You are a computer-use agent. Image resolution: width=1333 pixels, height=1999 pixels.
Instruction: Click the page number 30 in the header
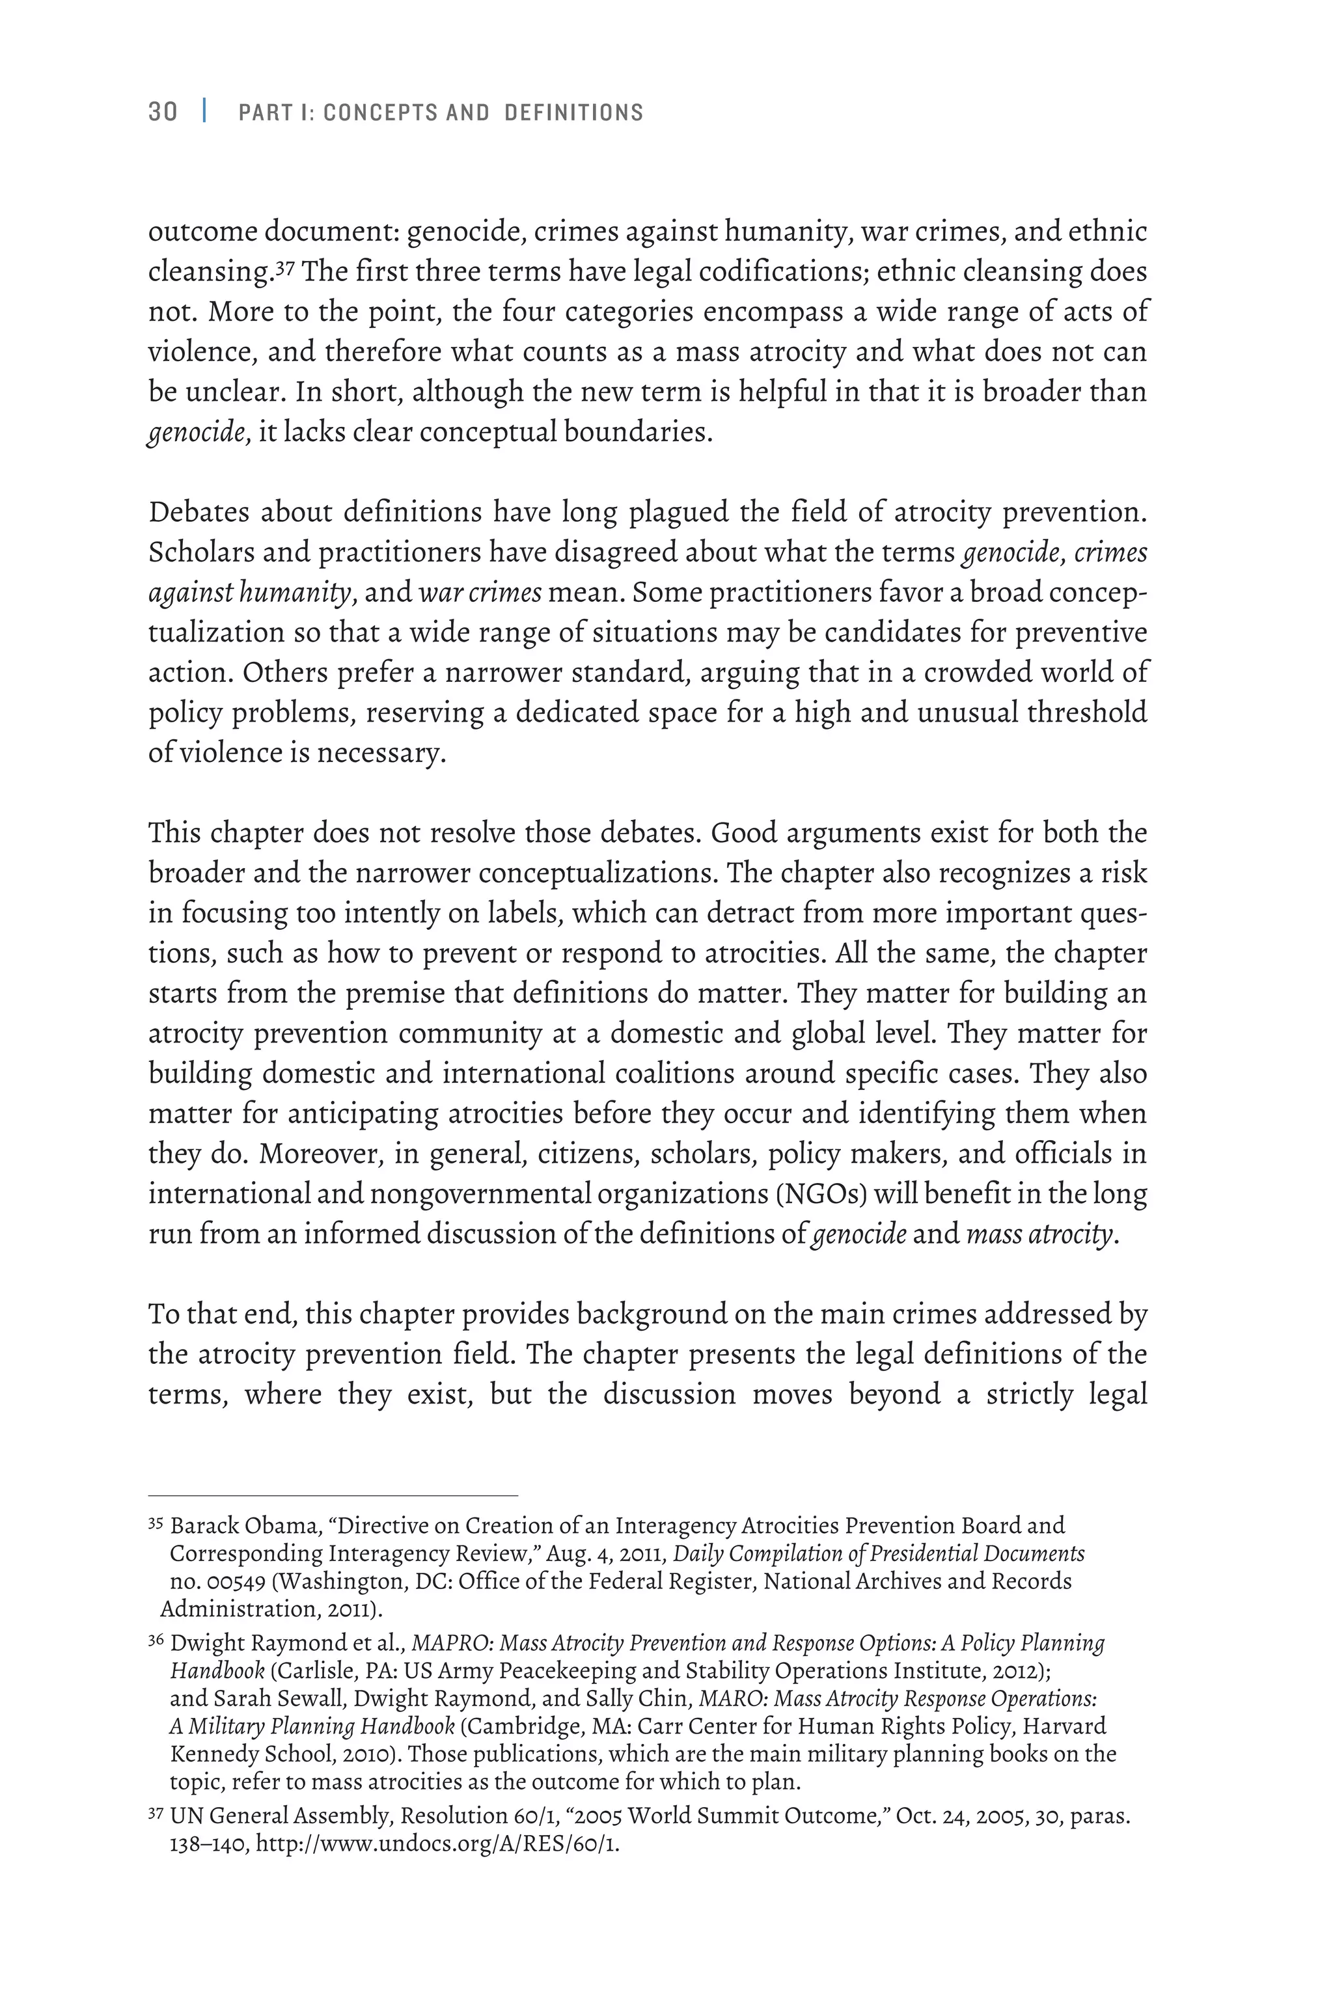pos(163,112)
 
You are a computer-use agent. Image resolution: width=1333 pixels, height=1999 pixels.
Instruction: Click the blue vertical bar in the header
pos(205,111)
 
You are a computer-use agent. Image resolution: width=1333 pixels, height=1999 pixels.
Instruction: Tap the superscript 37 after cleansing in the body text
pos(285,267)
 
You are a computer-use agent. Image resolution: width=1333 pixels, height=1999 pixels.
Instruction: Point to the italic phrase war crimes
pos(480,592)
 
